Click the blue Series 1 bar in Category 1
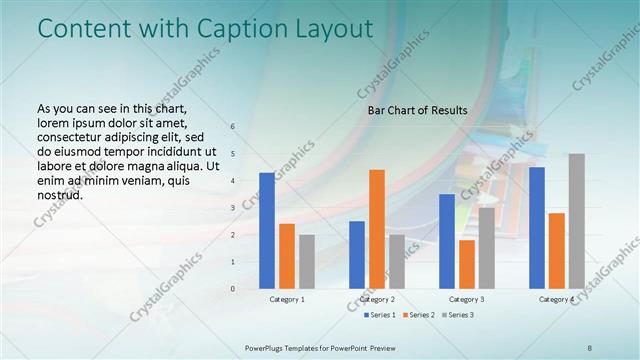click(267, 231)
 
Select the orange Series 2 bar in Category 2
click(377, 229)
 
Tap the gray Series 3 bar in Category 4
click(577, 221)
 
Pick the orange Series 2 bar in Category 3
click(467, 264)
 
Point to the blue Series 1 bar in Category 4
click(537, 228)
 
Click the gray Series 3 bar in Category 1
click(307, 262)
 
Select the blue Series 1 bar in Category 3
click(447, 241)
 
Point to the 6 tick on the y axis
click(232, 127)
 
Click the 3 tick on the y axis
click(232, 208)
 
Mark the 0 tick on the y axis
click(232, 289)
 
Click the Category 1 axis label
click(287, 299)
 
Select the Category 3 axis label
click(467, 299)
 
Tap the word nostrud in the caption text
click(59, 195)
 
